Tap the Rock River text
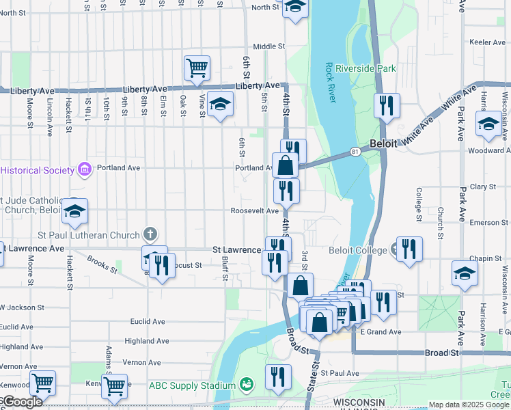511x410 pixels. [331, 82]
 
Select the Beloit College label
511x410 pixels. [358, 250]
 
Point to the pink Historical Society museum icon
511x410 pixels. [85, 168]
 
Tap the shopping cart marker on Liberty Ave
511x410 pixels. [197, 68]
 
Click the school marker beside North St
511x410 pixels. [294, 8]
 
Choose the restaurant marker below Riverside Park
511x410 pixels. [387, 106]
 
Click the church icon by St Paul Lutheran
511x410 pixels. [150, 235]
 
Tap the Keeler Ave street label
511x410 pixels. [487, 42]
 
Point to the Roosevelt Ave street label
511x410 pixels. [253, 211]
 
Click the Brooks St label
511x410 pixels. [102, 265]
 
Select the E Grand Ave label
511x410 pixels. [381, 332]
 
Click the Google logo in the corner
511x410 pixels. [22, 402]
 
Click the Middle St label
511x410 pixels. [268, 46]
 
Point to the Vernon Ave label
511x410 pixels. [141, 362]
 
